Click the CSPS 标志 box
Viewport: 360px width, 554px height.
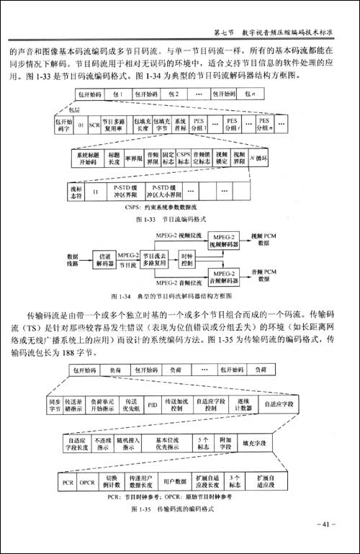[x=184, y=156]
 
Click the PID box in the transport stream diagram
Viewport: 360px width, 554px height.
[x=152, y=403]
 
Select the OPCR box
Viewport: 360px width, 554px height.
[x=87, y=479]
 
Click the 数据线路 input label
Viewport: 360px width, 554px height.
[x=72, y=258]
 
